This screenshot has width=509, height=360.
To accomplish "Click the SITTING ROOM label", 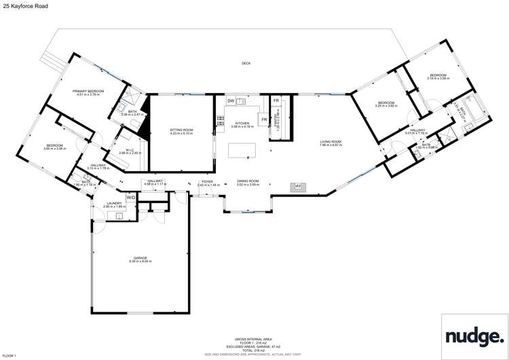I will pyautogui.click(x=182, y=130).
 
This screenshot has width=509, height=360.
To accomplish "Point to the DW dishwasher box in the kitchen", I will pyautogui.click(x=231, y=101).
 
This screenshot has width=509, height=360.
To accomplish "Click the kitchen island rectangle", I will pyautogui.click(x=242, y=150).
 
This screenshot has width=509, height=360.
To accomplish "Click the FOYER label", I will pyautogui.click(x=206, y=183).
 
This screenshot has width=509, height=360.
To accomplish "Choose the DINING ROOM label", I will pyautogui.click(x=247, y=183).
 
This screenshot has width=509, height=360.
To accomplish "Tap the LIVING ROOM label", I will pyautogui.click(x=331, y=143).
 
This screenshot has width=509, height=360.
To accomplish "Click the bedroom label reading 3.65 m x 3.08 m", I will pyautogui.click(x=55, y=146).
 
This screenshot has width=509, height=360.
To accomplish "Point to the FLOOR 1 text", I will pyautogui.click(x=10, y=356).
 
